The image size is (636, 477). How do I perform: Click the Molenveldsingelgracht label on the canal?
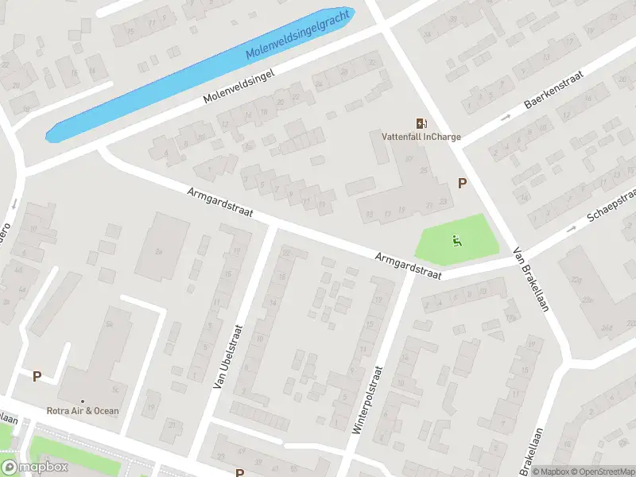coord(298,37)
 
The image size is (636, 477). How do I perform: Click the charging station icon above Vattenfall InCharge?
coord(421,122)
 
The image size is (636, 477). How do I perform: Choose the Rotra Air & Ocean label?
coord(83,411)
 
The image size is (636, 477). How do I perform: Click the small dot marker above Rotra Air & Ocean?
coord(83,400)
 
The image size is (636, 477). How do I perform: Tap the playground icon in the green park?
coord(456,240)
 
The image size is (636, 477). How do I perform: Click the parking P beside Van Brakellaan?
coord(461,184)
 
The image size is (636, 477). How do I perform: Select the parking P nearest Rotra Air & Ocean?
coord(37,376)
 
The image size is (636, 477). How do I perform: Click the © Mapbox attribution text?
coord(550,471)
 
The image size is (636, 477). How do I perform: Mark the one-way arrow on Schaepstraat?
coord(571,230)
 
